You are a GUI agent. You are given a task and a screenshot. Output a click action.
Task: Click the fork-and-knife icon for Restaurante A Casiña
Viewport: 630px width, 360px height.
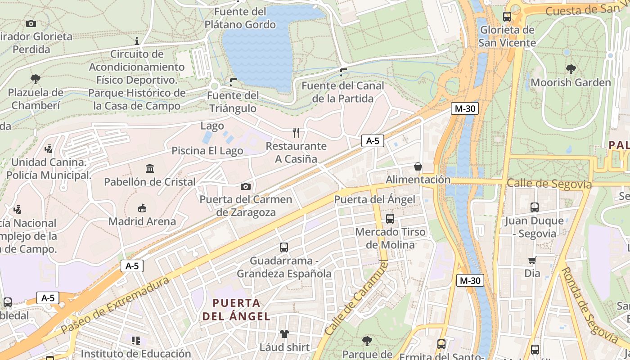pyautogui.click(x=296, y=133)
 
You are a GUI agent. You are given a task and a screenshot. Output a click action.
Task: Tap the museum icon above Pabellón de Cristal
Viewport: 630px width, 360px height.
pyautogui.click(x=150, y=169)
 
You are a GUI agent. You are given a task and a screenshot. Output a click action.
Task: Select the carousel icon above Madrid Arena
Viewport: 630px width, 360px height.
pyautogui.click(x=142, y=208)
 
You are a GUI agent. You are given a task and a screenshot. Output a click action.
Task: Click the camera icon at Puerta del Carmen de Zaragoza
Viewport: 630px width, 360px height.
pyautogui.click(x=246, y=186)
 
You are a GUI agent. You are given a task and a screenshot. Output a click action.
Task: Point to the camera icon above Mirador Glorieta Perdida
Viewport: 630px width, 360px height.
pyautogui.click(x=31, y=23)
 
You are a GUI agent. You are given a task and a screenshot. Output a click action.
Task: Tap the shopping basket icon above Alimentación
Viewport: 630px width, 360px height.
pyautogui.click(x=418, y=166)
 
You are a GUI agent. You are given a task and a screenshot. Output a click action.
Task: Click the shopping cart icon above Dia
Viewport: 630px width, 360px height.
pyautogui.click(x=532, y=260)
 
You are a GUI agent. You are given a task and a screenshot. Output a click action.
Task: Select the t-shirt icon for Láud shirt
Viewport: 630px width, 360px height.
pyautogui.click(x=284, y=334)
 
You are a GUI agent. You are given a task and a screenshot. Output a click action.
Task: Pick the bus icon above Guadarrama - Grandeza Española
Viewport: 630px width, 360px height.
pyautogui.click(x=284, y=247)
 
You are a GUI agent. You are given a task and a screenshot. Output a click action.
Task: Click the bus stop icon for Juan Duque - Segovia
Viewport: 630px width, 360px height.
pyautogui.click(x=535, y=207)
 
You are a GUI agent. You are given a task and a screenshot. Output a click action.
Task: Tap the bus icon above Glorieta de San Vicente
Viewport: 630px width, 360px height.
pyautogui.click(x=507, y=17)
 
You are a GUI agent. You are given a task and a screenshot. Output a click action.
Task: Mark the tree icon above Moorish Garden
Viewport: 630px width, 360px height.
pyautogui.click(x=571, y=69)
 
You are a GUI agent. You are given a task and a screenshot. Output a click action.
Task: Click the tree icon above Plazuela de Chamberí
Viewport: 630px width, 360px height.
pyautogui.click(x=36, y=79)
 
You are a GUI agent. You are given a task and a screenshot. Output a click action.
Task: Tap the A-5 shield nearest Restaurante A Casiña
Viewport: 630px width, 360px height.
pyautogui.click(x=373, y=141)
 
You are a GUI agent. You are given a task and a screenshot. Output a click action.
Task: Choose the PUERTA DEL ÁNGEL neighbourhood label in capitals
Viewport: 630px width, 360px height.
pyautogui.click(x=236, y=309)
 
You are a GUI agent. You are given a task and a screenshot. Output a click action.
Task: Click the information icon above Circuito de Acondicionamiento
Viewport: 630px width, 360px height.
pyautogui.click(x=137, y=41)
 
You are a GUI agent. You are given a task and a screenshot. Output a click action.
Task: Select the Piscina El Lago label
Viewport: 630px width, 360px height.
pyautogui.click(x=207, y=151)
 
